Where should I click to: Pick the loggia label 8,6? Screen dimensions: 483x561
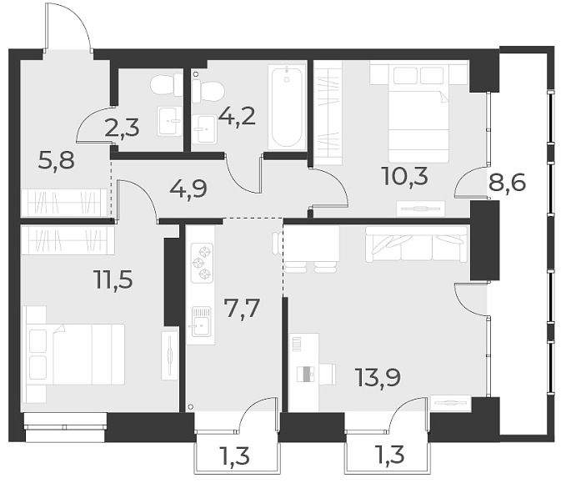[507, 183]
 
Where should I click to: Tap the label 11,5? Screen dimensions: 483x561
[113, 277]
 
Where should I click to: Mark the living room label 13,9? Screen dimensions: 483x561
[377, 378]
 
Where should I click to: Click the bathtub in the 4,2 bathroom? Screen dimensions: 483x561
[286, 107]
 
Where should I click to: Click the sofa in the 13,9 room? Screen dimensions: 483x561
[415, 244]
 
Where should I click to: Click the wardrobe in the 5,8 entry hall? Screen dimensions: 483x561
[65, 203]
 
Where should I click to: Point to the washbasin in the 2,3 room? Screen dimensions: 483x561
[169, 120]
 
